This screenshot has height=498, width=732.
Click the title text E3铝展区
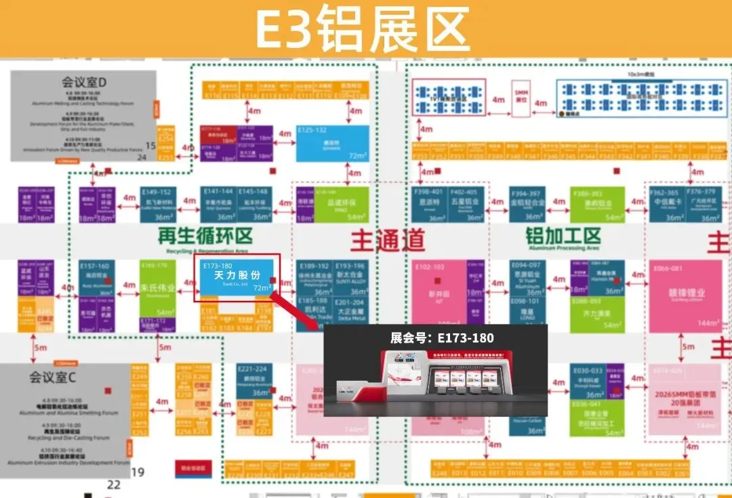pyautogui.click(x=362, y=28)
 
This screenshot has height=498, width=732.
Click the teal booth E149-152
pyautogui.click(x=157, y=205)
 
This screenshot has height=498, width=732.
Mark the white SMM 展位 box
pyautogui.click(x=521, y=96)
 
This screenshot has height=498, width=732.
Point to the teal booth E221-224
pyautogui.click(x=254, y=381)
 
